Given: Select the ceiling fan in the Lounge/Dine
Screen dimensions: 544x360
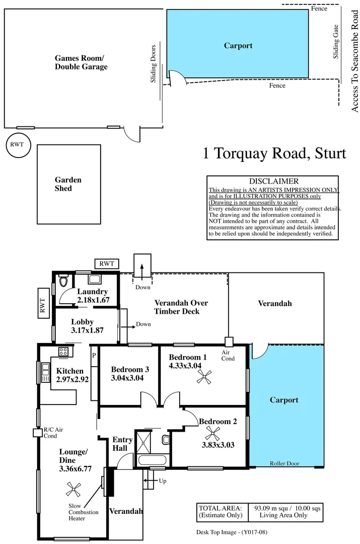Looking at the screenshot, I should pyautogui.click(x=75, y=488).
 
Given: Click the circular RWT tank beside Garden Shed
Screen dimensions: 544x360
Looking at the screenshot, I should pyautogui.click(x=18, y=145).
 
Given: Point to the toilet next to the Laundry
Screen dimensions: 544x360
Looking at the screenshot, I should pyautogui.click(x=63, y=281).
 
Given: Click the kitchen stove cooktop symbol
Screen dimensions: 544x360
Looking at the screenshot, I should pyautogui.click(x=64, y=352).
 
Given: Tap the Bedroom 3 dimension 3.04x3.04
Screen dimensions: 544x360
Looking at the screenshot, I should pyautogui.click(x=127, y=378).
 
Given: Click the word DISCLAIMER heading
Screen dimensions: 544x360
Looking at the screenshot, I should pyautogui.click(x=273, y=181).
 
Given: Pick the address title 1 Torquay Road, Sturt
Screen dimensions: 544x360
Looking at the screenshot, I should pyautogui.click(x=274, y=153).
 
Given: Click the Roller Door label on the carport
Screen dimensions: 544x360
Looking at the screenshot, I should pyautogui.click(x=284, y=463).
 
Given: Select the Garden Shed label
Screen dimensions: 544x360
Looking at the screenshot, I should pyautogui.click(x=68, y=184).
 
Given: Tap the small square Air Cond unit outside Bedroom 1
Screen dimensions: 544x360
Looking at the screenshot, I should pyautogui.click(x=229, y=341).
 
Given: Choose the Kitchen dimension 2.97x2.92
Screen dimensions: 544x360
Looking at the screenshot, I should pyautogui.click(x=73, y=380).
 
